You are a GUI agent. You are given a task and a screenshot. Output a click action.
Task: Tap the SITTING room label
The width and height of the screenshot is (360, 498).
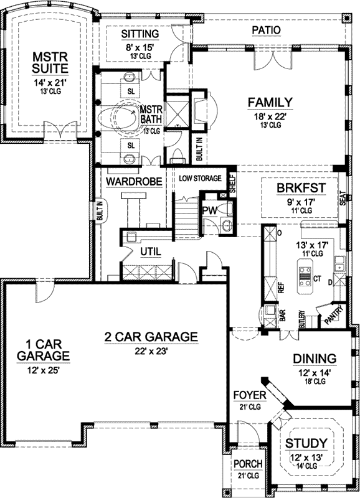pos(140,33)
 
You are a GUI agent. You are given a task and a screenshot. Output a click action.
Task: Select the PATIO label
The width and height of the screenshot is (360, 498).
pos(265,30)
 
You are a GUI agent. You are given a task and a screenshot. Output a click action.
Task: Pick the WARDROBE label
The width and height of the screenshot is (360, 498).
pos(134,181)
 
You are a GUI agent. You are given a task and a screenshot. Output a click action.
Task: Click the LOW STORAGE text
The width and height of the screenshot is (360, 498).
pos(200,179)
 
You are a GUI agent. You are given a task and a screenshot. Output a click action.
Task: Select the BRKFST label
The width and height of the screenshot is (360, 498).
pos(302,188)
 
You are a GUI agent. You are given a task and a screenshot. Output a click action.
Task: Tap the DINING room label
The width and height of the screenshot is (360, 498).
pos(315,359)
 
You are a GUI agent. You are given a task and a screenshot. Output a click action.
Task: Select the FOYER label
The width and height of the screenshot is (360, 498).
pos(250,395)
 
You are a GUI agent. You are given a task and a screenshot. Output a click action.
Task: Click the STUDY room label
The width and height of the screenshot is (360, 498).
pos(306,443)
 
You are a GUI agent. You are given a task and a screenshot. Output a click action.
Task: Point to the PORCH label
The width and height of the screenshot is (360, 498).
pos(248,464)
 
